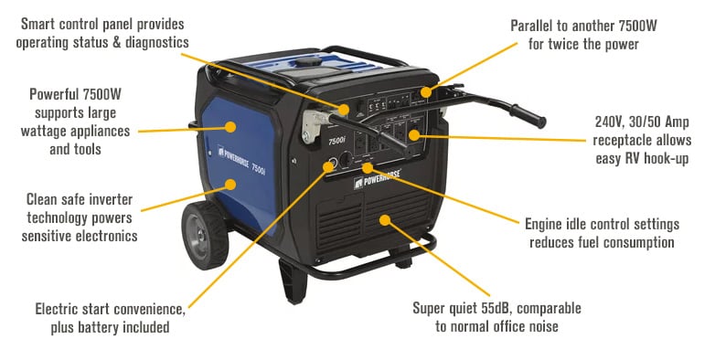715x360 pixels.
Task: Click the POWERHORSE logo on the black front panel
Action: pyautogui.click(x=378, y=178)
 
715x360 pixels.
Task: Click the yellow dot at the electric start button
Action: pyautogui.click(x=328, y=166)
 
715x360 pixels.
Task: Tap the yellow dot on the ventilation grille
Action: pyautogui.click(x=385, y=220)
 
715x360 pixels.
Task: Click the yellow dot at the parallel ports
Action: pyautogui.click(x=425, y=92)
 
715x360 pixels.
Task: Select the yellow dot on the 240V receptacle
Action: pyautogui.click(x=413, y=135)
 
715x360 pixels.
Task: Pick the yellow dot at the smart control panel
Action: pyautogui.click(x=344, y=110)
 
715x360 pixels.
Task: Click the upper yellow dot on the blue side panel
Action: pyautogui.click(x=231, y=127)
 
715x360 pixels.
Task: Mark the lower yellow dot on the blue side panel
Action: pyautogui.click(x=231, y=185)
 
